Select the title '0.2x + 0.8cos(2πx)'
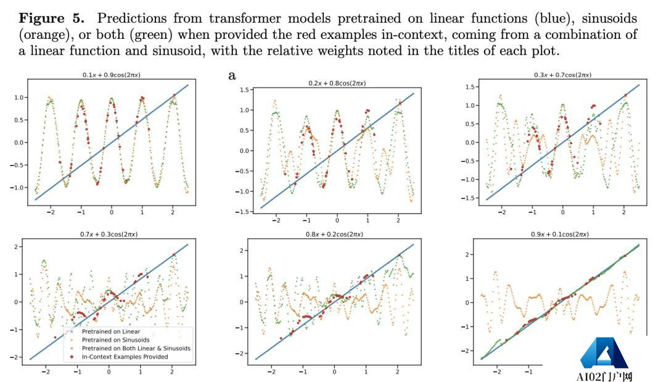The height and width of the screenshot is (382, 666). pyautogui.click(x=337, y=83)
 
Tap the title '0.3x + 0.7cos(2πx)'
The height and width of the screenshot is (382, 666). pyautogui.click(x=562, y=75)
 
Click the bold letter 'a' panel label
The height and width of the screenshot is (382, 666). pyautogui.click(x=232, y=75)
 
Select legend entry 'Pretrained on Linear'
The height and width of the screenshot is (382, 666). pyautogui.click(x=106, y=331)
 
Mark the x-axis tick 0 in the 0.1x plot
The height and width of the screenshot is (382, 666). pyautogui.click(x=111, y=212)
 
